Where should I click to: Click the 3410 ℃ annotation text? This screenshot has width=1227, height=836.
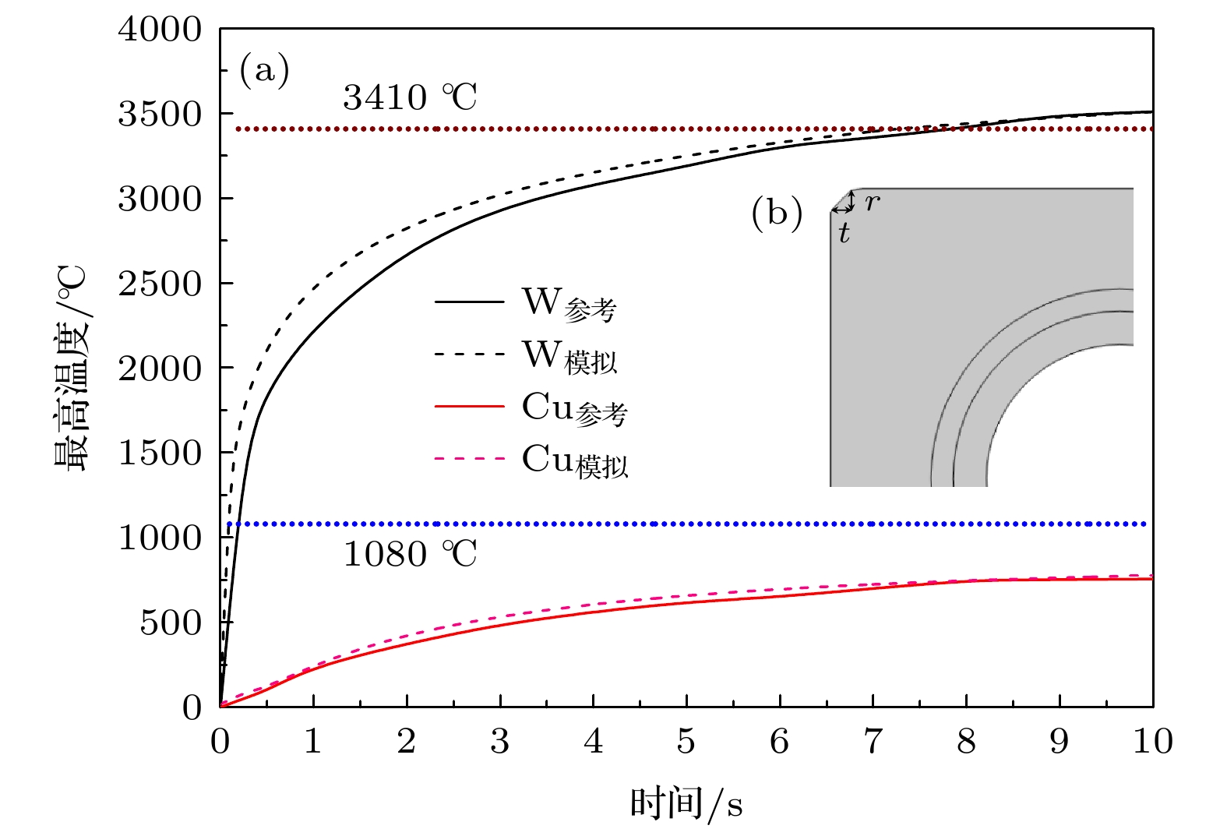click(409, 98)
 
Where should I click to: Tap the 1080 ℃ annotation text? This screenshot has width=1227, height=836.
click(409, 555)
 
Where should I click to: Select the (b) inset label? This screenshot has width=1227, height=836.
click(776, 213)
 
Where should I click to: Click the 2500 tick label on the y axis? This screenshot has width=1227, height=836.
click(160, 284)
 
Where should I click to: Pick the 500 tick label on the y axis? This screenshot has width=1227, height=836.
click(170, 623)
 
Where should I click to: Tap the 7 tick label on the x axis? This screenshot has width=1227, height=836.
click(873, 741)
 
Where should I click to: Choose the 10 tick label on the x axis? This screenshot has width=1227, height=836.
click(1152, 741)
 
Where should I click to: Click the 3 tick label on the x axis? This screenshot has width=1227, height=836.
click(499, 741)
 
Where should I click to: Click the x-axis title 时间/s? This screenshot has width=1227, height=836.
click(686, 803)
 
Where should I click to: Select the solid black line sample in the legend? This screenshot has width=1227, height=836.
click(469, 302)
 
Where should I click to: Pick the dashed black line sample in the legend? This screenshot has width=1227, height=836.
click(469, 355)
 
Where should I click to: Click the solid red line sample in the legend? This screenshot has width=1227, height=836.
click(469, 407)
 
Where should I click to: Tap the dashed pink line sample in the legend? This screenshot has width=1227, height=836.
click(469, 459)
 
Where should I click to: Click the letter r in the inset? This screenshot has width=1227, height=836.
click(873, 203)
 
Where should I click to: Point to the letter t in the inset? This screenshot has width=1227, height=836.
click(844, 232)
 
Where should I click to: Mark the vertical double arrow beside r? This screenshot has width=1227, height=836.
click(851, 201)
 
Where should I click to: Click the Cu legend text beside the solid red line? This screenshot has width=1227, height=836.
click(574, 408)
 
